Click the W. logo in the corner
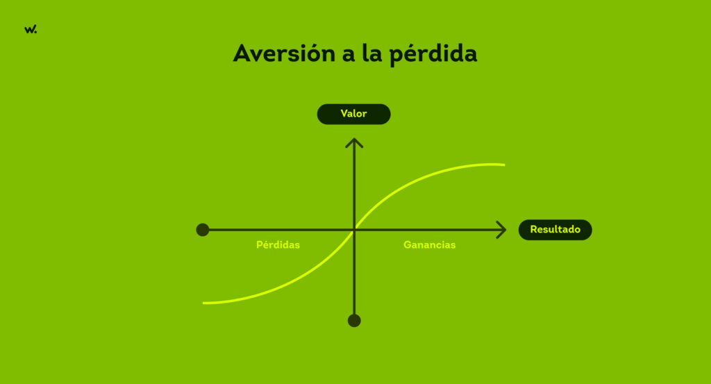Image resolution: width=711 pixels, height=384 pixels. [30, 29]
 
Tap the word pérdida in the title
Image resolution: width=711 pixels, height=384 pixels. [433, 55]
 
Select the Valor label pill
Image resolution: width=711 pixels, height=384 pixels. [353, 114]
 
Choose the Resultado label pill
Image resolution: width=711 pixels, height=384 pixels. [555, 229]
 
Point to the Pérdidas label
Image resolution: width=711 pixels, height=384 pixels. [278, 245]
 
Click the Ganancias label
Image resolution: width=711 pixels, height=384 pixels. [430, 245]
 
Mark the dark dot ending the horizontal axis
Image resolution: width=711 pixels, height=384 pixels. [203, 230]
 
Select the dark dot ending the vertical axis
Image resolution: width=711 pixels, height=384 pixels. [354, 320]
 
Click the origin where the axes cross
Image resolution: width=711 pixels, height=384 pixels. [355, 229]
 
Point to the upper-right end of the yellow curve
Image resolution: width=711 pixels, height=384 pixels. [503, 165]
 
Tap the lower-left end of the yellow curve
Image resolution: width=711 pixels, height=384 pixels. [204, 303]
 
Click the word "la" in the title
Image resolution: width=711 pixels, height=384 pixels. [370, 53]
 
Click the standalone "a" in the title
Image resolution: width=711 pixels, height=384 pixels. [348, 55]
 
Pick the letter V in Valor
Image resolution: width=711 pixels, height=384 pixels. [344, 114]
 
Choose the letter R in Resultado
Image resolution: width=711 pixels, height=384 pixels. [534, 229]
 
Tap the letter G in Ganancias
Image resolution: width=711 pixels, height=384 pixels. [408, 245]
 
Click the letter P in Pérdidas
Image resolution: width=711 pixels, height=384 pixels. [260, 245]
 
